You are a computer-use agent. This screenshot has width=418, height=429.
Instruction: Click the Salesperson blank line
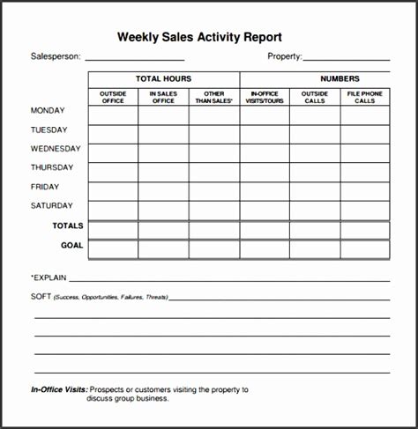135,59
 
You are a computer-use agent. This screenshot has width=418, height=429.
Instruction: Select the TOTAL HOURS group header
163,79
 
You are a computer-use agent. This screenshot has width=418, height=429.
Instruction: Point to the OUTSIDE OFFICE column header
113,97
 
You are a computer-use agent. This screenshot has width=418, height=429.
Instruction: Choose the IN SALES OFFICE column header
163,97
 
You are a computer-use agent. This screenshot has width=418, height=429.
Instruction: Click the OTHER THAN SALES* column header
213,97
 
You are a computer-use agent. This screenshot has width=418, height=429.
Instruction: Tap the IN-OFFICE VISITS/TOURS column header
265,97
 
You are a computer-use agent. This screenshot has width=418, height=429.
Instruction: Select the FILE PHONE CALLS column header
364,97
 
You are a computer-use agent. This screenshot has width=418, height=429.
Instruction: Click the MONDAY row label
48,111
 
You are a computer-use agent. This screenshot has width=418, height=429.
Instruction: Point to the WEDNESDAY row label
56,149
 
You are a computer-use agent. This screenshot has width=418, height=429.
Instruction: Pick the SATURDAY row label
51,206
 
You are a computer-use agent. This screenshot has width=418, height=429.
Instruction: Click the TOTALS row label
68,226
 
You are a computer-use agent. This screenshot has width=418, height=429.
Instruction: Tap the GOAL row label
72,245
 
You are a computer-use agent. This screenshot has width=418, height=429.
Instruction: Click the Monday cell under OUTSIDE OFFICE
113,115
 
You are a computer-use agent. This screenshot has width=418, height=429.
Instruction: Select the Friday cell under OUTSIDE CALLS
315,191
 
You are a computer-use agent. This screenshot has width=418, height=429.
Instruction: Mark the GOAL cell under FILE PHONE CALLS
364,249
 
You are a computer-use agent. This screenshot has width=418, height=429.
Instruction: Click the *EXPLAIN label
49,277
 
